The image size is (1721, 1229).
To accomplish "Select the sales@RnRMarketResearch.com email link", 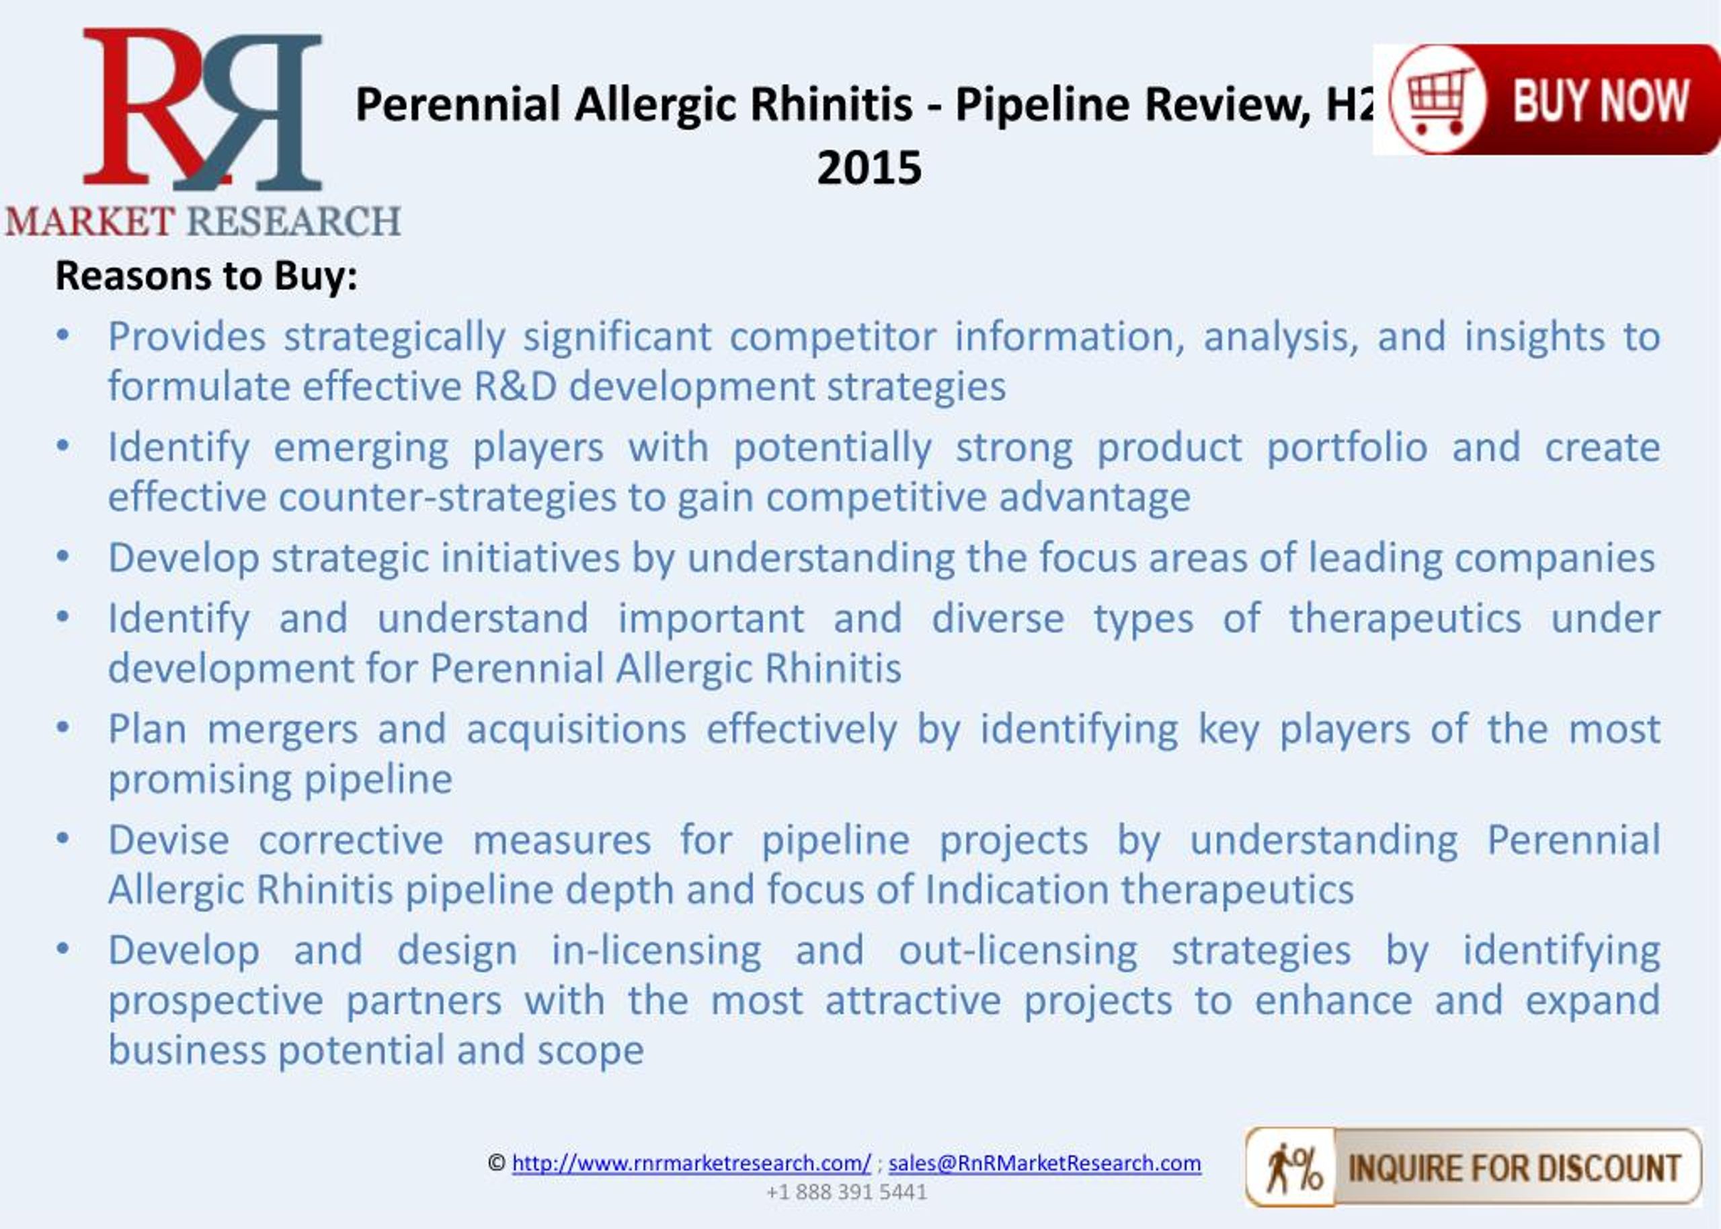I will [x=1044, y=1162].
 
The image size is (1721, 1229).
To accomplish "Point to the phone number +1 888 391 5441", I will [x=846, y=1192].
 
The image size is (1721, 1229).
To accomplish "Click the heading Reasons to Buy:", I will [x=206, y=276].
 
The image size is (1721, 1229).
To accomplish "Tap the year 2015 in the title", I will [x=869, y=168].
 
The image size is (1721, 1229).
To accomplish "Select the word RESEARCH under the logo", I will [x=294, y=222].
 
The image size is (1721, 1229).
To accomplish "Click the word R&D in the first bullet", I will [x=515, y=387].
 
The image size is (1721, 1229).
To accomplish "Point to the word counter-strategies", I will [x=447, y=498].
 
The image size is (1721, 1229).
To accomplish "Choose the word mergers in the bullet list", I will [x=282, y=729].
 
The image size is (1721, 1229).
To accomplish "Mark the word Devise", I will [x=168, y=840].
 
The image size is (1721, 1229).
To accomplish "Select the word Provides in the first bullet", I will [x=186, y=337].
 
